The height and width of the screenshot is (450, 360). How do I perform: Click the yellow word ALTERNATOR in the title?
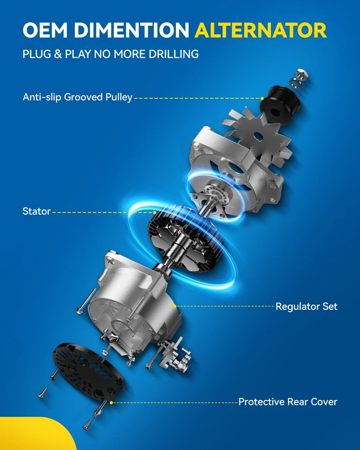(x=260, y=30)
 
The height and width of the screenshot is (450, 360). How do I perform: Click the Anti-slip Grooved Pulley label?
(x=78, y=97)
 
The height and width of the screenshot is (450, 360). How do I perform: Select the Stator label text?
(x=37, y=211)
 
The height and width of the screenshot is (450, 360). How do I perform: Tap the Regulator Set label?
(x=307, y=307)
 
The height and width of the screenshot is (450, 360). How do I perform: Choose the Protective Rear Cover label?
(x=288, y=402)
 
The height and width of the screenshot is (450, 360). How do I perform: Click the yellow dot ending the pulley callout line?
(x=263, y=98)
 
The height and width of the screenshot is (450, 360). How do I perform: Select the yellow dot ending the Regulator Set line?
(x=175, y=306)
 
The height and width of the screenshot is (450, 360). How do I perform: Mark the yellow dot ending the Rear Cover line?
(x=111, y=402)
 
